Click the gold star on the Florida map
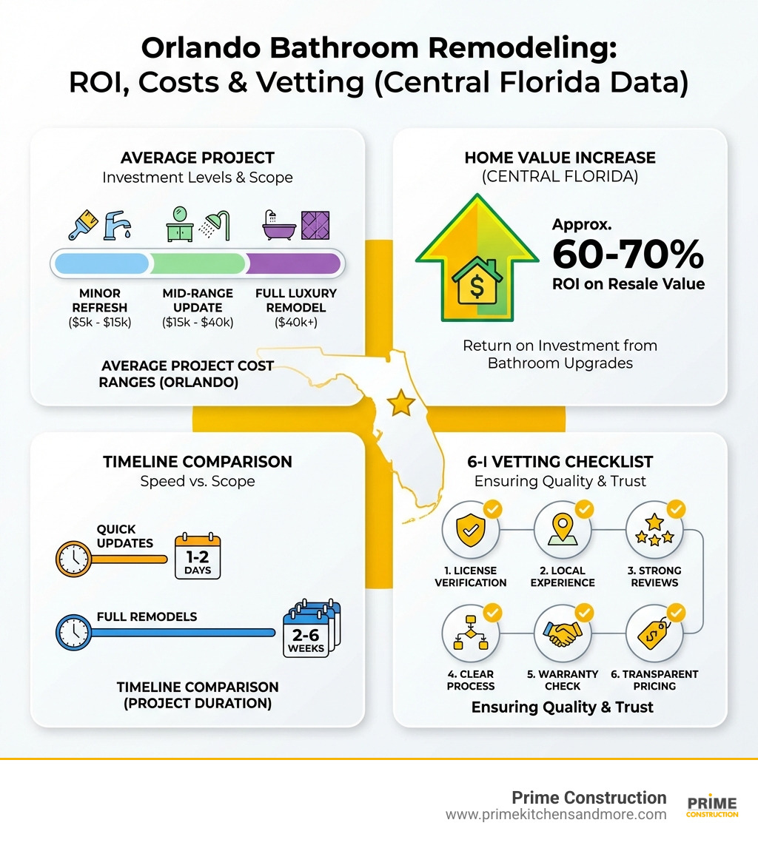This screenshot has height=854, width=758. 401,403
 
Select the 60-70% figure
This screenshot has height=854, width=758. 628,255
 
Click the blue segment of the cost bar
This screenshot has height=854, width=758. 101,263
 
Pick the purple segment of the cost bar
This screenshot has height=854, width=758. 293,263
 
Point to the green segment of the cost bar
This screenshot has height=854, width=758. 198,263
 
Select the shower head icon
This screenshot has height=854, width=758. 218,223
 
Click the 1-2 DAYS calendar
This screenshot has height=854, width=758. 198,556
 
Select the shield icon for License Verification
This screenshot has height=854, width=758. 469,530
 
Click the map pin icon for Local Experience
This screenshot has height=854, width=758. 562,530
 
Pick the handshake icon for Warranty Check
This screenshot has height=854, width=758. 562,633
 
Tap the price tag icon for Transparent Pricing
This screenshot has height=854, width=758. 654,633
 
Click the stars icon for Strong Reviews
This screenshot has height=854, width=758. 654,530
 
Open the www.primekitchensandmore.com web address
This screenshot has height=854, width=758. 556,815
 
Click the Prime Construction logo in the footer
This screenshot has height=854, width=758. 712,807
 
